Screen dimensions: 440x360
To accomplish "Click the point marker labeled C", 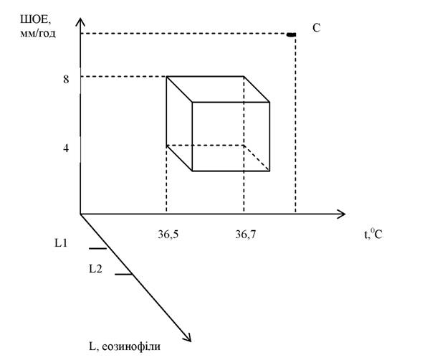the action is [291, 34].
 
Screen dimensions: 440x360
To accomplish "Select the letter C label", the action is [316, 28].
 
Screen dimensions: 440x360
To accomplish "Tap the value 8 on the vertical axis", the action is [66, 80].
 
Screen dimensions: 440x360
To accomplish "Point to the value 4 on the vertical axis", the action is [66, 148].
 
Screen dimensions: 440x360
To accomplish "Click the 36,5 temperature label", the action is [168, 234].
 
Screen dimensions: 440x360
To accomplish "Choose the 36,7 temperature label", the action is [246, 234].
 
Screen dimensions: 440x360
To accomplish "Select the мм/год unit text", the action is [38, 34].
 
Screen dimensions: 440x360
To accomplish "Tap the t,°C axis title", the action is [373, 234].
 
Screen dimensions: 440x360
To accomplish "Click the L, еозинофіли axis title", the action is [125, 346].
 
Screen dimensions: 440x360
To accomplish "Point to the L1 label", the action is [61, 243].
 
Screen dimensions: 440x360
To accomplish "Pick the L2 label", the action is [95, 269].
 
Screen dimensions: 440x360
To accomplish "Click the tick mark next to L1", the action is [98, 249].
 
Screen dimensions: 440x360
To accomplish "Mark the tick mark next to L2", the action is [123, 274].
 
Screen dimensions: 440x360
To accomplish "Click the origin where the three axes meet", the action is [80, 214].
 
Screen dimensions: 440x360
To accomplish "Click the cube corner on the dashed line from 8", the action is [167, 77].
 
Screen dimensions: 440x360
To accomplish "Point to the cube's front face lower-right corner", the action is [269, 171].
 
